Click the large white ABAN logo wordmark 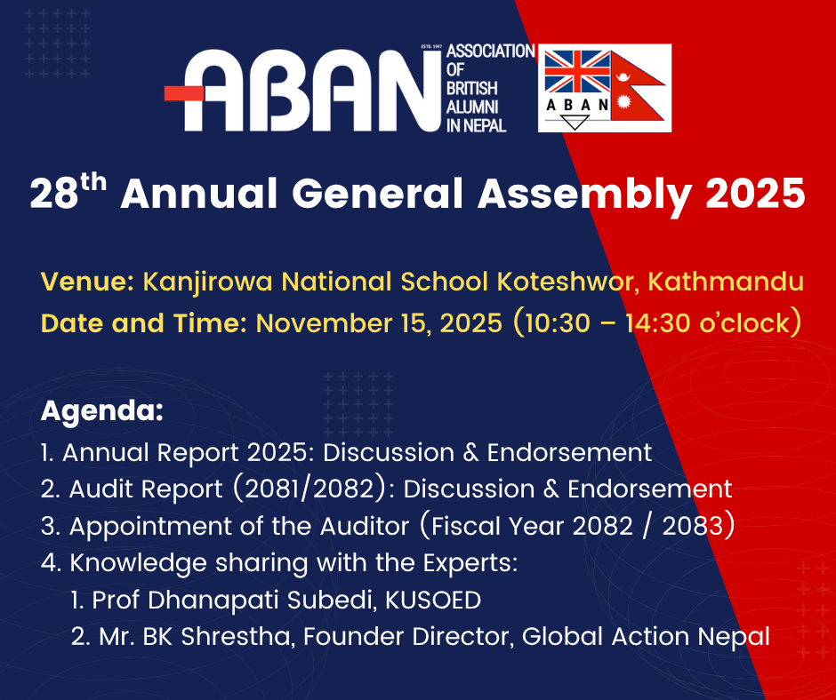[312, 91]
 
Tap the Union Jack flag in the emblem [577, 71]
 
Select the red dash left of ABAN [183, 94]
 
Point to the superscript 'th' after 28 [94, 183]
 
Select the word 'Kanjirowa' [208, 282]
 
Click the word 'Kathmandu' [726, 282]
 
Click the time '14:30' [658, 323]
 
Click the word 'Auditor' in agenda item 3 [364, 526]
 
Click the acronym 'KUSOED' [433, 601]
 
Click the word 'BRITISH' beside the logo [471, 89]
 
